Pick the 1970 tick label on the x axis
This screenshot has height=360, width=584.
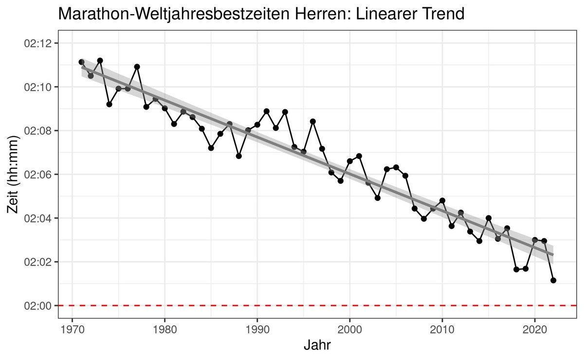(72, 330)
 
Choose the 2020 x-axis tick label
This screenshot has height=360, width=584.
(535, 330)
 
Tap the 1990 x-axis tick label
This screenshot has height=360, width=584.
(257, 330)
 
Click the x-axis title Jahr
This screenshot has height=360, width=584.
(317, 345)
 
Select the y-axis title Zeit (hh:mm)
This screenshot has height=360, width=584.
(13, 174)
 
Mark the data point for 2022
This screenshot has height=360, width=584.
(553, 280)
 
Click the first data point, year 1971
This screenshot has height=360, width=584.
(81, 62)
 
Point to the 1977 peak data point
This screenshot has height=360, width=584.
(137, 67)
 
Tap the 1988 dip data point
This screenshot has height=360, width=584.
(239, 156)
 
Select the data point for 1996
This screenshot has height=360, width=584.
(313, 122)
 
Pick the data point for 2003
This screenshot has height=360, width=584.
(378, 198)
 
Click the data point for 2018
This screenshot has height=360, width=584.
(516, 270)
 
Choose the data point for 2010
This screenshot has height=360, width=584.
(442, 200)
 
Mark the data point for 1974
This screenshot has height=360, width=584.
(109, 104)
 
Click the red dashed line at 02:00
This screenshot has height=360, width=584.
(317, 305)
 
